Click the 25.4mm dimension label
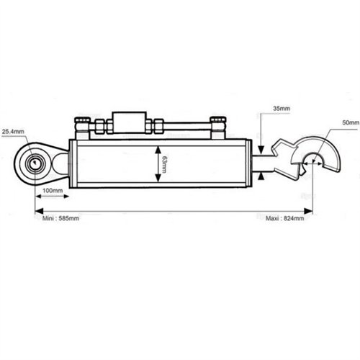[14, 132]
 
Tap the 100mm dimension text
[53, 191]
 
